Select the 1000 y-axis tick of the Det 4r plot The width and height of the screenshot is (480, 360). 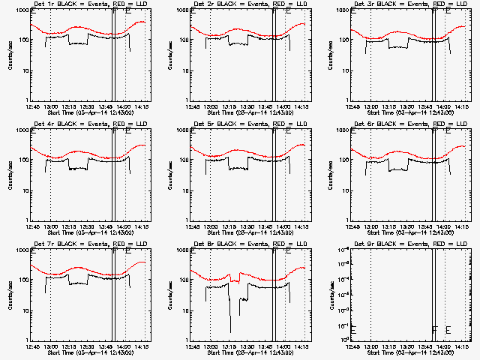[22, 130]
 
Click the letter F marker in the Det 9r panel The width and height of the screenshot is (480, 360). [434, 329]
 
